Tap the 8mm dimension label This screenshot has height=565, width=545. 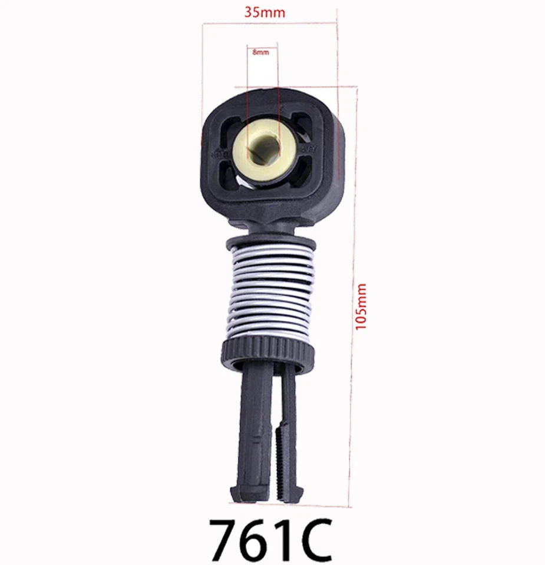[260, 52]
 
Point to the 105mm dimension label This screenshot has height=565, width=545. [361, 306]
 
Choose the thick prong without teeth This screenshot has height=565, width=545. [255, 424]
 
